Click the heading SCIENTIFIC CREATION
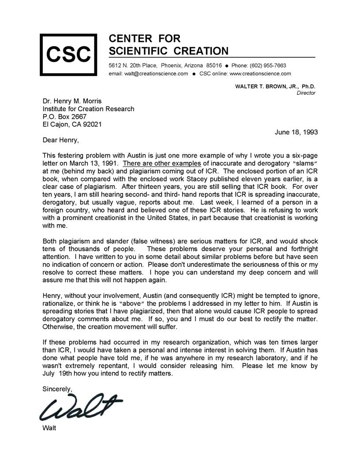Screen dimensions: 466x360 tap(169, 51)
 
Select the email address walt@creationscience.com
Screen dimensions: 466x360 tap(148, 74)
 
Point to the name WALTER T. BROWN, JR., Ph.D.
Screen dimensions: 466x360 tap(275, 86)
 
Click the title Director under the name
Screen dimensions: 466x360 tap(306, 93)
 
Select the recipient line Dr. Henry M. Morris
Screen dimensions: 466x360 tap(72, 101)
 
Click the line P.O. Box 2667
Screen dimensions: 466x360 tap(64, 116)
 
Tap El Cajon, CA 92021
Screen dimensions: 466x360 tap(72, 124)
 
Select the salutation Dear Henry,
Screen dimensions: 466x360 tap(62, 140)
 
